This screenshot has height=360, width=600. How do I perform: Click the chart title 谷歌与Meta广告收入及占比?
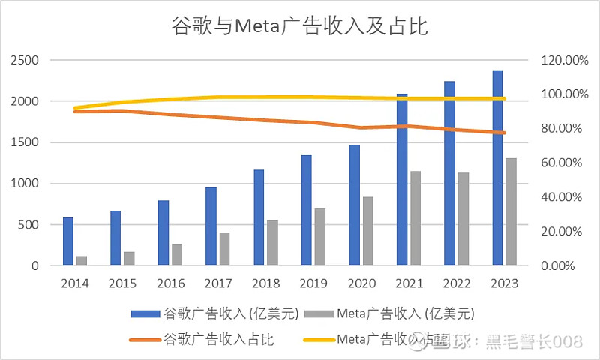[x=300, y=27]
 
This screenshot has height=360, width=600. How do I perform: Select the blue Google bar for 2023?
[x=497, y=168]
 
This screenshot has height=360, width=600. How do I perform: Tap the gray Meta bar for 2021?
[x=415, y=218]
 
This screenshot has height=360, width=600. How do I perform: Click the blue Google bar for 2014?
[x=68, y=241]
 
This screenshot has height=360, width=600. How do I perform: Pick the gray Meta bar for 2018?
[x=273, y=243]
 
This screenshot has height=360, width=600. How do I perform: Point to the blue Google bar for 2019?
[x=307, y=211]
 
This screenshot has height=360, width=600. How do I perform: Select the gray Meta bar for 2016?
[x=177, y=254]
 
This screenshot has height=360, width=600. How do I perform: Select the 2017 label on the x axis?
[x=218, y=283]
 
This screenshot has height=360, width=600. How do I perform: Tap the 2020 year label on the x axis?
[x=361, y=283]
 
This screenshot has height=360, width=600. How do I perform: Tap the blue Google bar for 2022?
[x=450, y=173]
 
